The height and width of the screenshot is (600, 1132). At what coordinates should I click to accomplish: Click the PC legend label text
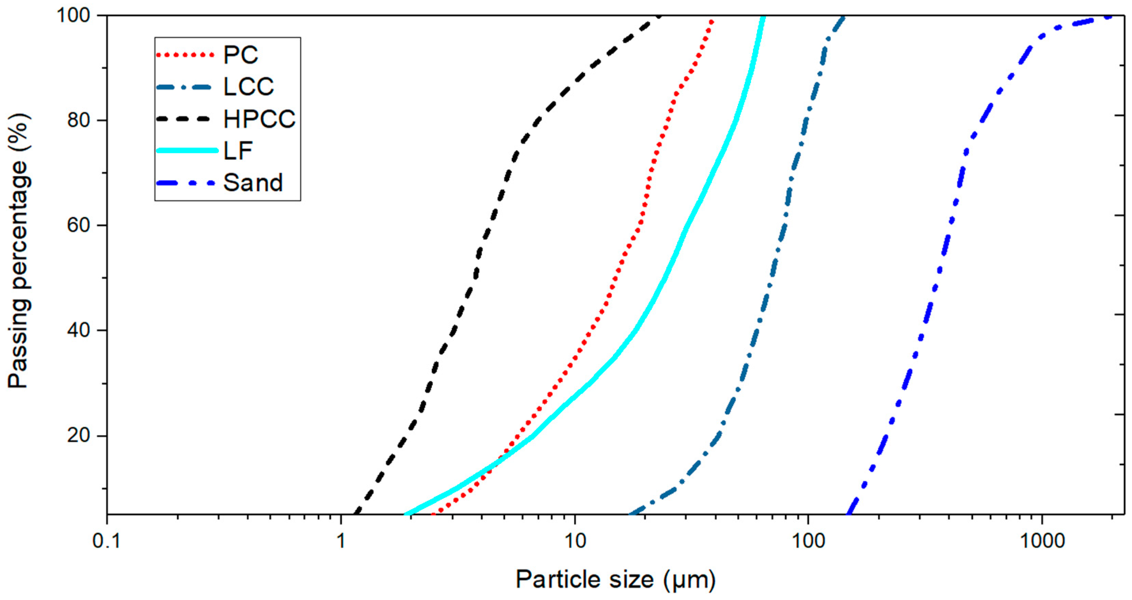(240, 55)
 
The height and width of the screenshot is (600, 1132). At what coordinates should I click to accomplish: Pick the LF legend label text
(238, 151)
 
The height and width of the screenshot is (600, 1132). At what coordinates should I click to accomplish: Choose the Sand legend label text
(253, 183)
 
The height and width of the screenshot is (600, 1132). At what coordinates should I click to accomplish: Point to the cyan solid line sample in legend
(187, 150)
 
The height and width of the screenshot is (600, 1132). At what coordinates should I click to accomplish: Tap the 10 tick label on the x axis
(575, 541)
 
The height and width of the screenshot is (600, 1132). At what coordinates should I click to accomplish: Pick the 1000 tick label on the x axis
(1042, 541)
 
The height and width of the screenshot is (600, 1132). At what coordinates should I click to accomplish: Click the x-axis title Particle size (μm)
(615, 579)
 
